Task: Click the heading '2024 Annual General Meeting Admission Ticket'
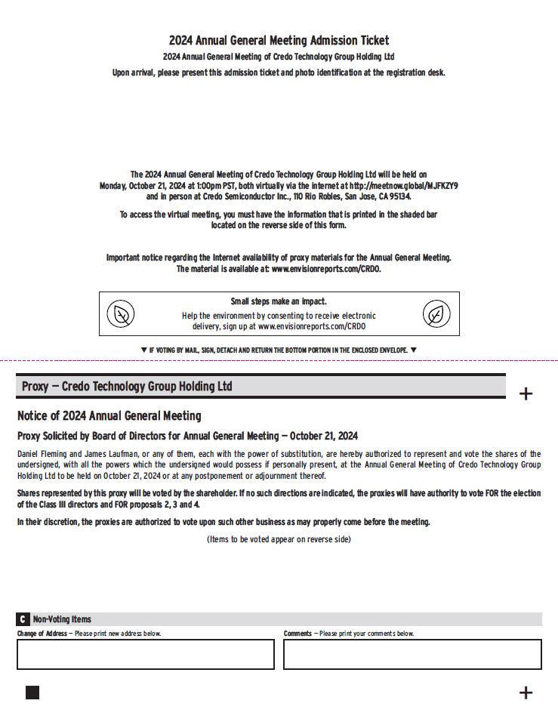(279, 41)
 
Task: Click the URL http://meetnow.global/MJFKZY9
(400, 185)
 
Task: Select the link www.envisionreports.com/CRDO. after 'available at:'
(326, 269)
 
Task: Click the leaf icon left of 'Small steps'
(120, 314)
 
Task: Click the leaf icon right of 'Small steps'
(436, 314)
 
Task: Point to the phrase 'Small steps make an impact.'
(279, 301)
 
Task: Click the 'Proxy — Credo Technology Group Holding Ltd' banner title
(127, 387)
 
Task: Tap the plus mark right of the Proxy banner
(526, 393)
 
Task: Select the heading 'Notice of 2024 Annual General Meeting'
(109, 416)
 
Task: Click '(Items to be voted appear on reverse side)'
(279, 539)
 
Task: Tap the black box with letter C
(23, 619)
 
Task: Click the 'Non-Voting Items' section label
(62, 619)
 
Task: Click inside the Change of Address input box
(145, 654)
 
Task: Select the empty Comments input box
(412, 654)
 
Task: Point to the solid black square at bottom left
(32, 693)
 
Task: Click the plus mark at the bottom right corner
(526, 693)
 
